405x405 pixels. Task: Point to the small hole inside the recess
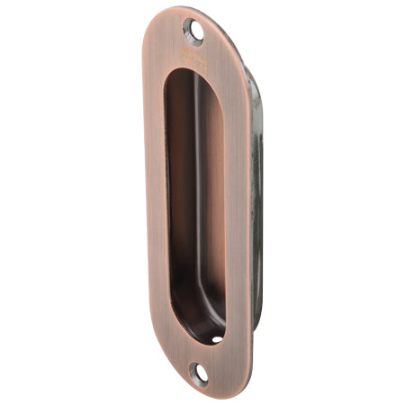[x=217, y=339]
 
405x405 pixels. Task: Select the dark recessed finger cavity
[x=193, y=198]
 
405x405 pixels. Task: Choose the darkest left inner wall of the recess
[x=178, y=198]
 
